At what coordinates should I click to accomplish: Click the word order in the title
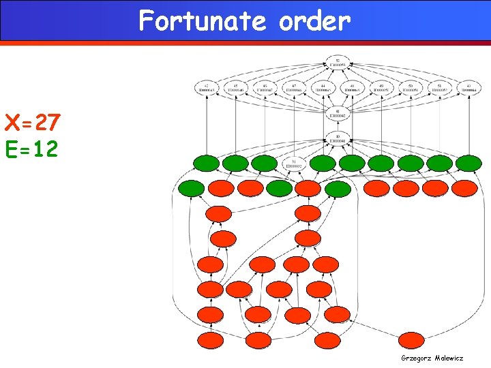coord(314,21)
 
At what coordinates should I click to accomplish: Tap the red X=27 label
coord(33,124)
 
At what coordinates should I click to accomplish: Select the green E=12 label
coord(33,149)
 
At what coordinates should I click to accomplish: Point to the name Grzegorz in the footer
coord(416,358)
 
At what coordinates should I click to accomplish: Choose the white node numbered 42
coord(206,87)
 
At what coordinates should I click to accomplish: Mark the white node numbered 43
coord(468,87)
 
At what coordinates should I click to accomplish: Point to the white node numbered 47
coord(293,87)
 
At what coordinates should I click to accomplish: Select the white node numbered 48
coord(352,87)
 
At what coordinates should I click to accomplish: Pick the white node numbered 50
coord(411,87)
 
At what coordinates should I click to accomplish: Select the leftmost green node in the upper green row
coord(206,164)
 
